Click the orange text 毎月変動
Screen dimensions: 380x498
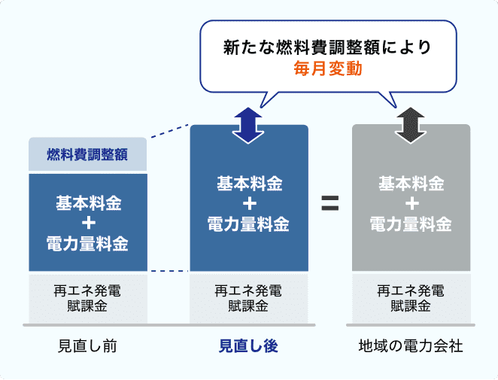pyautogui.click(x=328, y=69)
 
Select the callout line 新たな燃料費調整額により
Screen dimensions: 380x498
pyautogui.click(x=328, y=47)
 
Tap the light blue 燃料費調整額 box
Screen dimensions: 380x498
pyautogui.click(x=87, y=155)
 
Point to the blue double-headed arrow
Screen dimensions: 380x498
pyautogui.click(x=245, y=125)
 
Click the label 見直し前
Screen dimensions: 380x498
pyautogui.click(x=87, y=346)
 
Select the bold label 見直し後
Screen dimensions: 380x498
pyautogui.click(x=248, y=346)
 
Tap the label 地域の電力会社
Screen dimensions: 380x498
pyautogui.click(x=411, y=346)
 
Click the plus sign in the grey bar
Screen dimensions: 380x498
pyautogui.click(x=411, y=204)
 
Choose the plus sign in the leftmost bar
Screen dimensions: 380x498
pyautogui.click(x=87, y=223)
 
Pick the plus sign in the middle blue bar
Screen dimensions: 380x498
pyautogui.click(x=249, y=204)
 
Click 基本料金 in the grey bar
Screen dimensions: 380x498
pyautogui.click(x=411, y=184)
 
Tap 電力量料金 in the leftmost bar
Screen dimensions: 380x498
pyautogui.click(x=87, y=244)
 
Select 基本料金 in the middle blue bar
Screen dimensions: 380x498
pyautogui.click(x=249, y=184)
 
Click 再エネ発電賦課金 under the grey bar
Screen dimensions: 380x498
pyautogui.click(x=411, y=298)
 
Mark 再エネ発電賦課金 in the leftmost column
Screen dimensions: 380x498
pyautogui.click(x=87, y=298)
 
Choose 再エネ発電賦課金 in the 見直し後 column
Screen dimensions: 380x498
pyautogui.click(x=249, y=298)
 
